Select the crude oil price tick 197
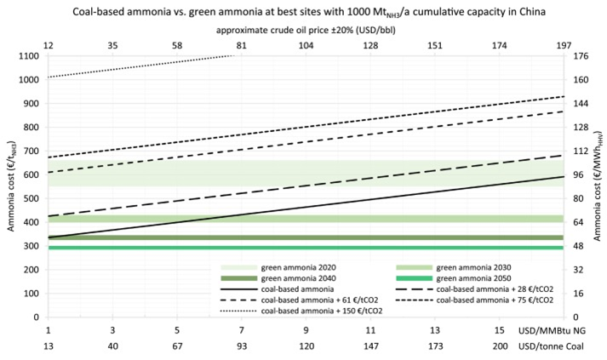(562, 44)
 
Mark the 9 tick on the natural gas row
(305, 330)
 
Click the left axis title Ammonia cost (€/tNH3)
(9, 186)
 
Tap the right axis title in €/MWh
(599, 186)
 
